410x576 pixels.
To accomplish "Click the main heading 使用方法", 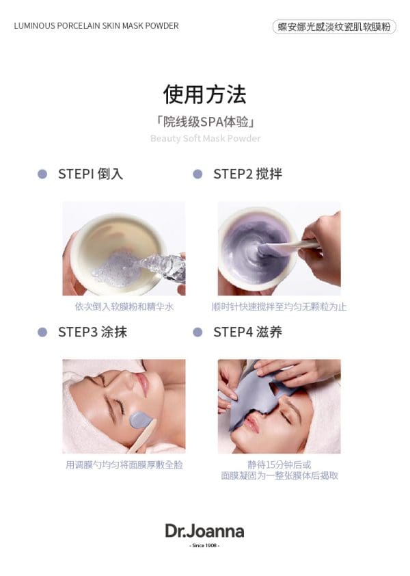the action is click(205, 94).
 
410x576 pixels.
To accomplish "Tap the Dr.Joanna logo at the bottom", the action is click(205, 531).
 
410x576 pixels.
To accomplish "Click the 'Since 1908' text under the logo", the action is click(205, 545).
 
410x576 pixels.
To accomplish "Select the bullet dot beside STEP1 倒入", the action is click(42, 174).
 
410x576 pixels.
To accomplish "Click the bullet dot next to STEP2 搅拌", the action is click(198, 174).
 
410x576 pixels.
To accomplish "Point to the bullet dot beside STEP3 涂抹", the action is click(42, 332).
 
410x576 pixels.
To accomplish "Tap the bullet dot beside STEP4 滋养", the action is click(198, 332).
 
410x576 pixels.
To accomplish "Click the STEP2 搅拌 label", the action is click(248, 174).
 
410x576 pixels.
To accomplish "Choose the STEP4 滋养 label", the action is click(248, 332).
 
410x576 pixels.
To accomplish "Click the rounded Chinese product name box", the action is click(334, 27).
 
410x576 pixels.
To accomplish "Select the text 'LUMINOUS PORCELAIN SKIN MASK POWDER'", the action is click(96, 26).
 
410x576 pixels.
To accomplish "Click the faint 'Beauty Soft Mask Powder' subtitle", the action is click(205, 138).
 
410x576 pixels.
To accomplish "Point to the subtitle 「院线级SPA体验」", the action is click(205, 122).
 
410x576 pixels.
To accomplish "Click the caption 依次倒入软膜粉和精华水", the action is click(124, 306).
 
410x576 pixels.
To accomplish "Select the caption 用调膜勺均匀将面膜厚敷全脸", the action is click(124, 465).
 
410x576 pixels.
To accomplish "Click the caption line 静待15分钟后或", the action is click(279, 464).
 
